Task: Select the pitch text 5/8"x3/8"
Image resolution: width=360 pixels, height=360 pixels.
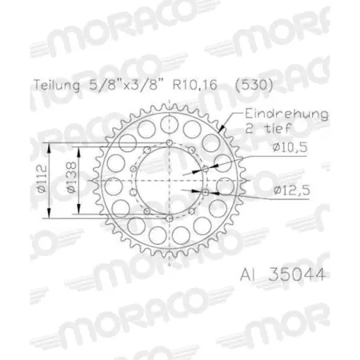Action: click(x=118, y=82)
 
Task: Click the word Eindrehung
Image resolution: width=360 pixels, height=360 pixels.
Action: click(x=286, y=114)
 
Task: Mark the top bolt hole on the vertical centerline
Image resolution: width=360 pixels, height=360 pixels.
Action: click(x=170, y=142)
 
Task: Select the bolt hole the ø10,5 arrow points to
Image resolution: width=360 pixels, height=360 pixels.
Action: click(x=204, y=168)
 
